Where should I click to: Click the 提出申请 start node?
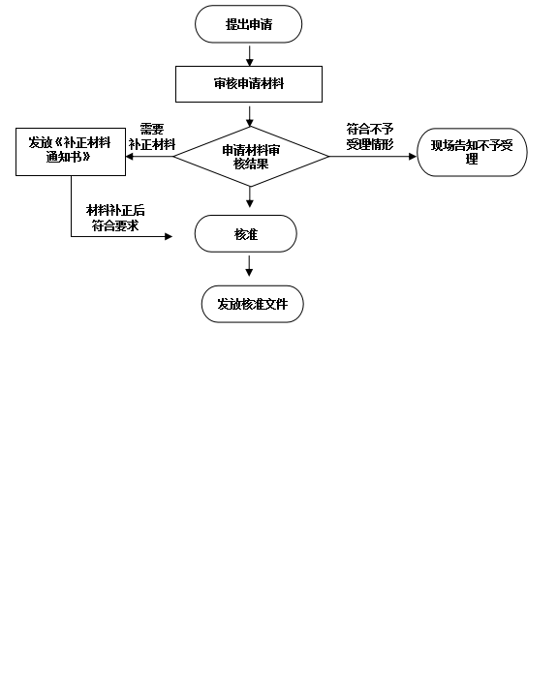click(248, 24)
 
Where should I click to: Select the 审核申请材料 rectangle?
click(249, 84)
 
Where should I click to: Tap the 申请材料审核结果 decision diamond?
click(251, 156)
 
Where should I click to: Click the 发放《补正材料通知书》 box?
click(71, 152)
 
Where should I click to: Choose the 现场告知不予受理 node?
click(472, 152)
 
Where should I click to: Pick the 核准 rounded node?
click(245, 233)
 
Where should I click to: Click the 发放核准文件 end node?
click(252, 304)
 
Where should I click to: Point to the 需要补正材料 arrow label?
click(152, 136)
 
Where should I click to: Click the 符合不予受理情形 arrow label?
click(370, 136)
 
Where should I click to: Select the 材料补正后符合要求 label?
click(115, 218)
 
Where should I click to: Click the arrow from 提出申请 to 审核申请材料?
click(250, 56)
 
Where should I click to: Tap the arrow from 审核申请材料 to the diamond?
click(250, 116)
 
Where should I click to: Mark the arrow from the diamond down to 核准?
click(250, 197)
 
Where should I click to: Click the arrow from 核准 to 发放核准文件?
click(249, 266)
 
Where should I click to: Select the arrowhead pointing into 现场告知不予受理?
click(413, 156)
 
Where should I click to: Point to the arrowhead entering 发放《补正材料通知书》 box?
click(130, 156)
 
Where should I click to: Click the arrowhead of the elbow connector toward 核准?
click(169, 236)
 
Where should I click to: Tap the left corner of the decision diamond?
click(173, 156)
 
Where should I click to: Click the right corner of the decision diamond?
click(329, 156)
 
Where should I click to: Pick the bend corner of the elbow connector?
click(71, 236)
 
